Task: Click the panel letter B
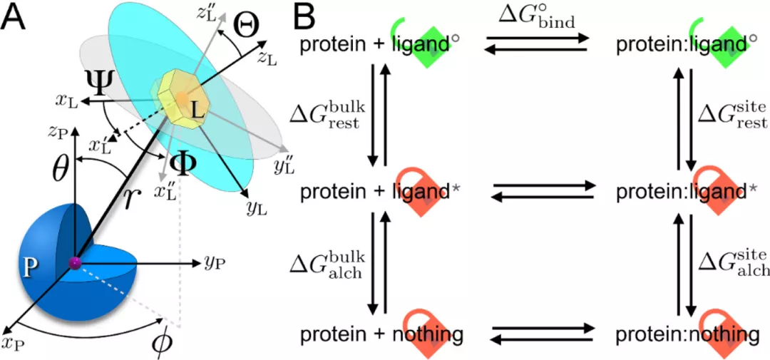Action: [x=304, y=17]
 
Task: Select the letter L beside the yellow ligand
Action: [x=197, y=113]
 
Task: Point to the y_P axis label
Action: [x=215, y=262]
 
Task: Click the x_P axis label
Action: [x=14, y=344]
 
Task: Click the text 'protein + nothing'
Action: [x=382, y=334]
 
